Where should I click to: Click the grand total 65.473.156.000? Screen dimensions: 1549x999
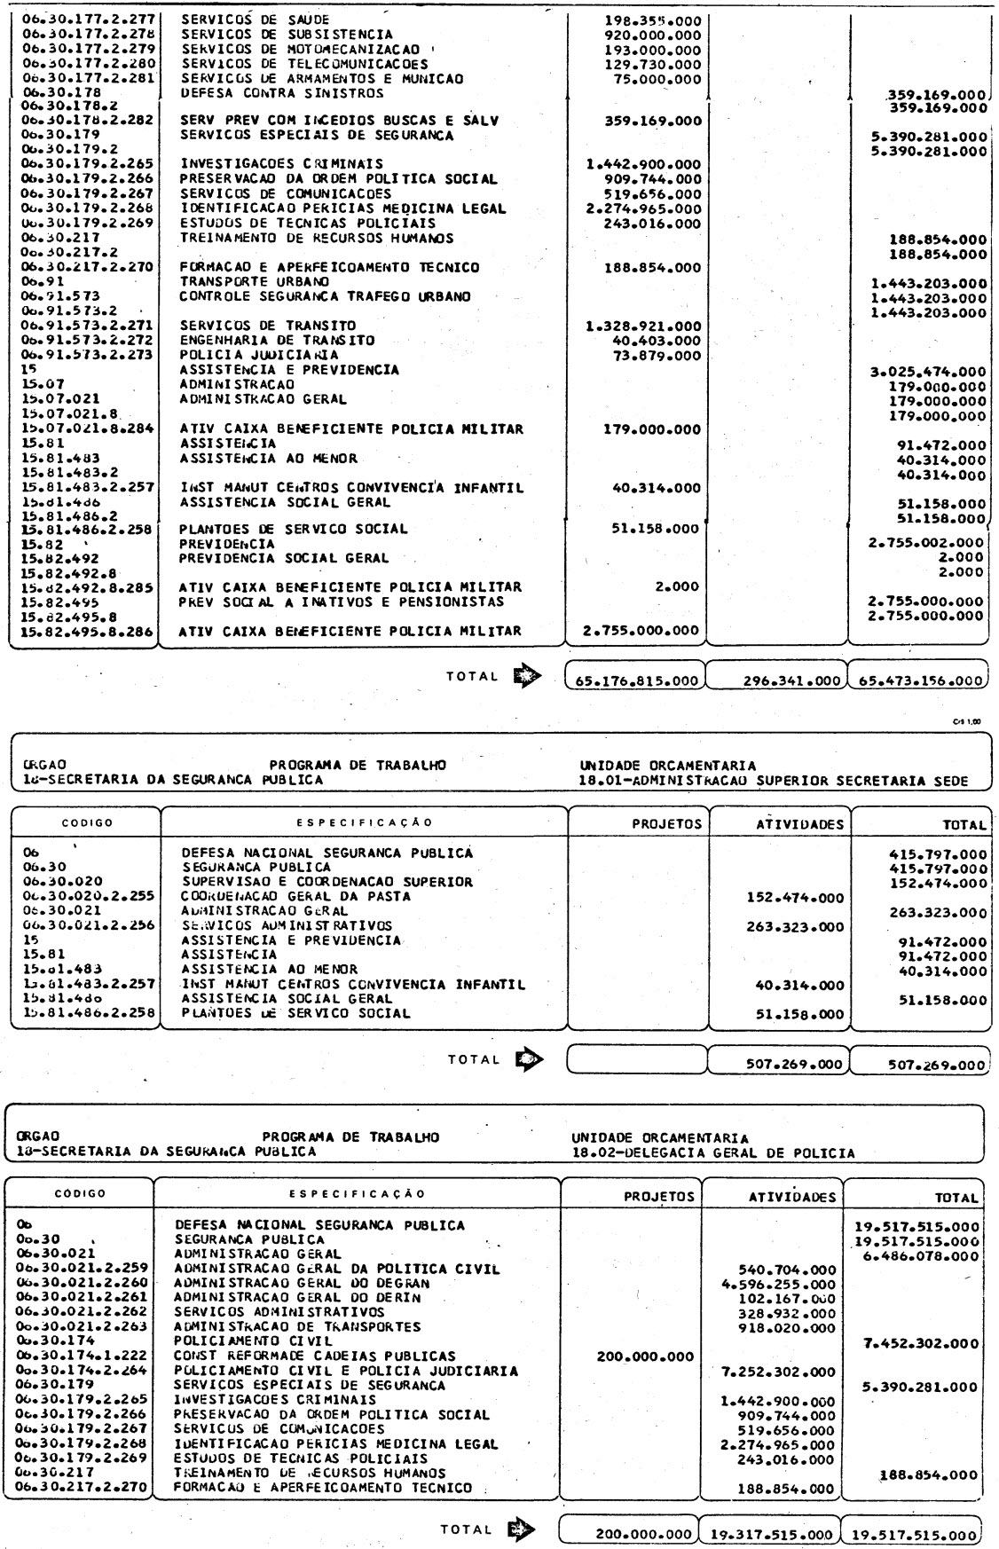coord(918,681)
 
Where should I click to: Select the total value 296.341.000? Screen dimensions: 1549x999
coord(778,681)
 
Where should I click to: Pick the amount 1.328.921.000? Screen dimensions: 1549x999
coord(643,326)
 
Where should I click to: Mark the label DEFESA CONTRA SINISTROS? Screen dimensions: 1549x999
coord(282,92)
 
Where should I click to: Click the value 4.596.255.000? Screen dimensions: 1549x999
coord(786,1283)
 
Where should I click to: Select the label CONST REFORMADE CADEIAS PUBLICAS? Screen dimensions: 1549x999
coord(315,1356)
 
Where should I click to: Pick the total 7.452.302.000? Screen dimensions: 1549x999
coord(921,1342)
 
